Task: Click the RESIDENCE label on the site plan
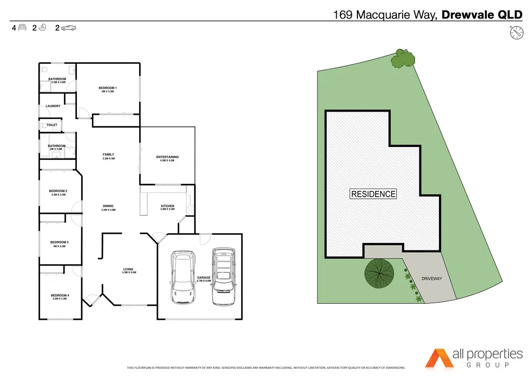point(374,194)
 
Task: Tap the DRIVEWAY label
point(432,279)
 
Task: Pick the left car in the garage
point(183,277)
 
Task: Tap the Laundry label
point(53,106)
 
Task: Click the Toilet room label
point(52,125)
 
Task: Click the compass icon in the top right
point(516,32)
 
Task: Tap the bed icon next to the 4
point(22,29)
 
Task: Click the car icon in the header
point(69,29)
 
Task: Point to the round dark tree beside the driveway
point(378,273)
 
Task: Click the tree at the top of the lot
point(402,59)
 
